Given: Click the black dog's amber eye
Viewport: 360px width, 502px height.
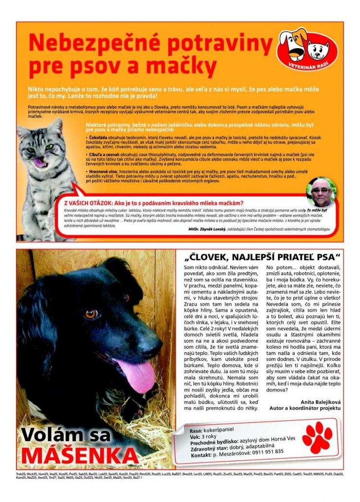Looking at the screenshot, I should coord(91,314).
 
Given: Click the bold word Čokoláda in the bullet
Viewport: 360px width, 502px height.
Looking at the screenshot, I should coord(97,137).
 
